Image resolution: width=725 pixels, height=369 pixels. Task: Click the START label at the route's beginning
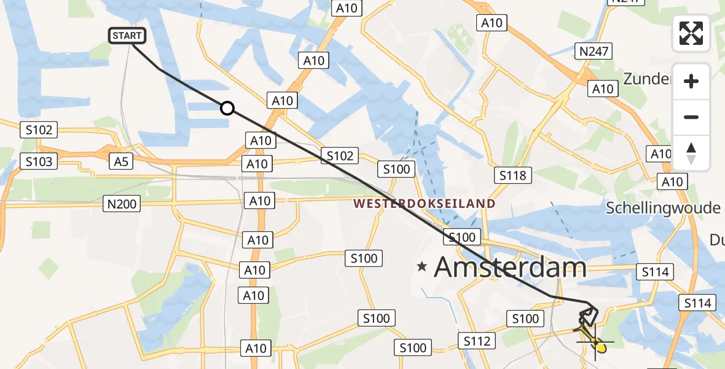[127, 36]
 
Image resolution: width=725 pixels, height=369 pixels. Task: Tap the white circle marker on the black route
[227, 108]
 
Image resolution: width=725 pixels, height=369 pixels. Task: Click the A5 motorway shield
[121, 161]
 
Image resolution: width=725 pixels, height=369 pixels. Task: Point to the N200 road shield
[122, 203]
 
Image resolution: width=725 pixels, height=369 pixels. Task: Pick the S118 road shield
[512, 176]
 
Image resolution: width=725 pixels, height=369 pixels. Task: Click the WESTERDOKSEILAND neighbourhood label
[423, 204]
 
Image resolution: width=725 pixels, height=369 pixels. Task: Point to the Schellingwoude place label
[663, 208]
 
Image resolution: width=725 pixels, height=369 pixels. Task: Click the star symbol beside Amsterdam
[422, 267]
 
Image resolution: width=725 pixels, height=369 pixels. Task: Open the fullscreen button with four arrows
[691, 33]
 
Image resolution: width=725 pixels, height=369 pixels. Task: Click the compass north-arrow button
[691, 153]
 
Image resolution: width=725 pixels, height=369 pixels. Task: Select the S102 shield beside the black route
[340, 156]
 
